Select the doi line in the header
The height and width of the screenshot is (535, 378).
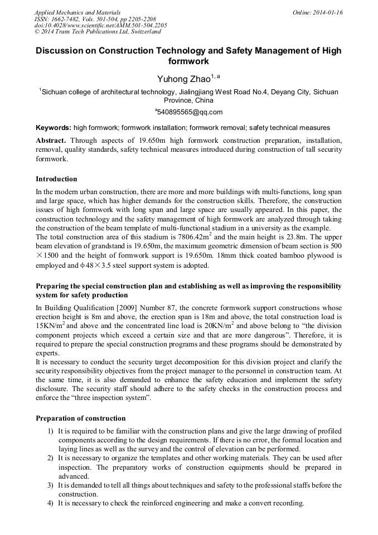point(100,25)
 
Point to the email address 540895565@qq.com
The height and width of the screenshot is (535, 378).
point(190,112)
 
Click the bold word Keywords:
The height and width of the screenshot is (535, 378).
point(54,128)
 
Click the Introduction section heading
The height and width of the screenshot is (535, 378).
point(56,179)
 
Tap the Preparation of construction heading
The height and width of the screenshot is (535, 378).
point(80,418)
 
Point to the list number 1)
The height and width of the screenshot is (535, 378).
point(50,431)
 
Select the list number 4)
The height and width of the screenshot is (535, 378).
point(50,503)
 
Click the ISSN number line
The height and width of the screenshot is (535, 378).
point(95,19)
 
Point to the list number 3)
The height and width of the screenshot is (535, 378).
point(50,485)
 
